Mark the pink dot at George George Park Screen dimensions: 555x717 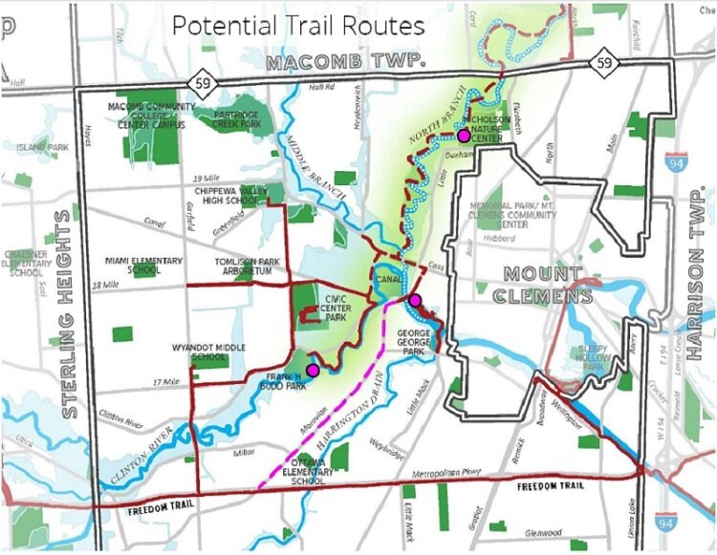[415, 301]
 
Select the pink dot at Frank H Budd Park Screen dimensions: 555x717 [312, 370]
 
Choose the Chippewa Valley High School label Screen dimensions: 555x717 [225, 195]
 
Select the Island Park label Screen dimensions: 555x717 [42, 148]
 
